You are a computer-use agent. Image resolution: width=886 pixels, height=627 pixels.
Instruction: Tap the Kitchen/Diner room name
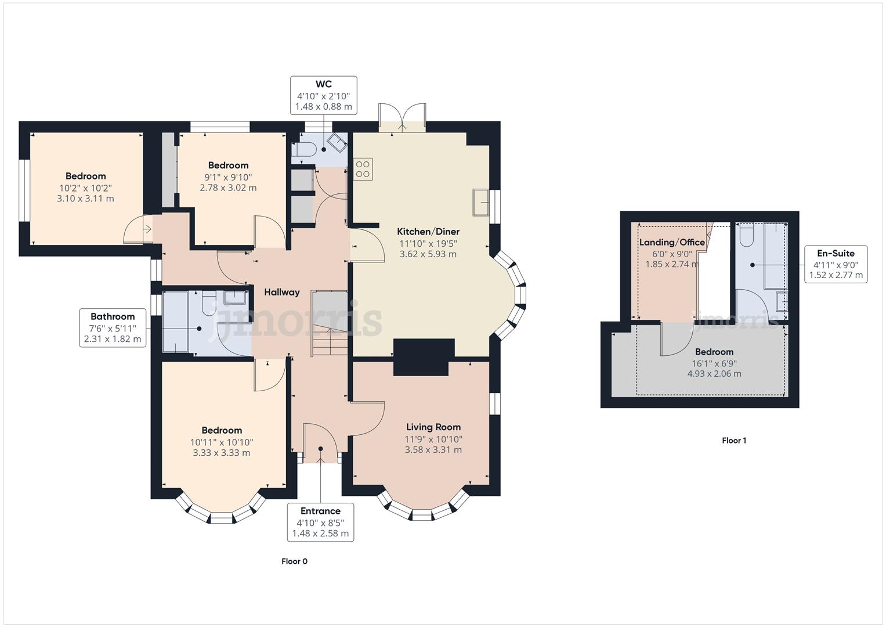pos(428,232)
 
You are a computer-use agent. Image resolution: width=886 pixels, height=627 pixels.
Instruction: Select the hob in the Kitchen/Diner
pos(363,169)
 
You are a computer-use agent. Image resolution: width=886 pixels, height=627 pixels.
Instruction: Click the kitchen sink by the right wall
pos(481,202)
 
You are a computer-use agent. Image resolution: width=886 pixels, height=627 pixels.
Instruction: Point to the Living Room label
pos(433,427)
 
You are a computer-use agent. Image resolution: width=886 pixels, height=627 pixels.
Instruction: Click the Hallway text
pos(281,292)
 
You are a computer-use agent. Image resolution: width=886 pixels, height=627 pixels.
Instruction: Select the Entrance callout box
pos(320,522)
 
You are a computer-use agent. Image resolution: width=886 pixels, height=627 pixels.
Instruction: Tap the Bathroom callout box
pos(113,327)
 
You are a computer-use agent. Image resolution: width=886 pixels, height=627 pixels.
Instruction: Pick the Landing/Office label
pos(671,242)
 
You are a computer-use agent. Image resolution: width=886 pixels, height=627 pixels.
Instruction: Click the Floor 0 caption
pos(294,561)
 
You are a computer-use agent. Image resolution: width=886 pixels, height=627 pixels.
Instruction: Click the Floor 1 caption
pos(733,441)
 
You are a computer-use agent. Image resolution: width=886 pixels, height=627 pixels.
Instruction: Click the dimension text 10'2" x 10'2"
pos(85,188)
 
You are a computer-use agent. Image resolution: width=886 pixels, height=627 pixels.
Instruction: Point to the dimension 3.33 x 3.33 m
pos(221,453)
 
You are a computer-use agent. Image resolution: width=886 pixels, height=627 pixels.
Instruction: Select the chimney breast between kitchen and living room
pos(423,357)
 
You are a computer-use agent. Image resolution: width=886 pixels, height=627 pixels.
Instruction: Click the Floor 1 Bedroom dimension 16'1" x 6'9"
pos(714,363)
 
